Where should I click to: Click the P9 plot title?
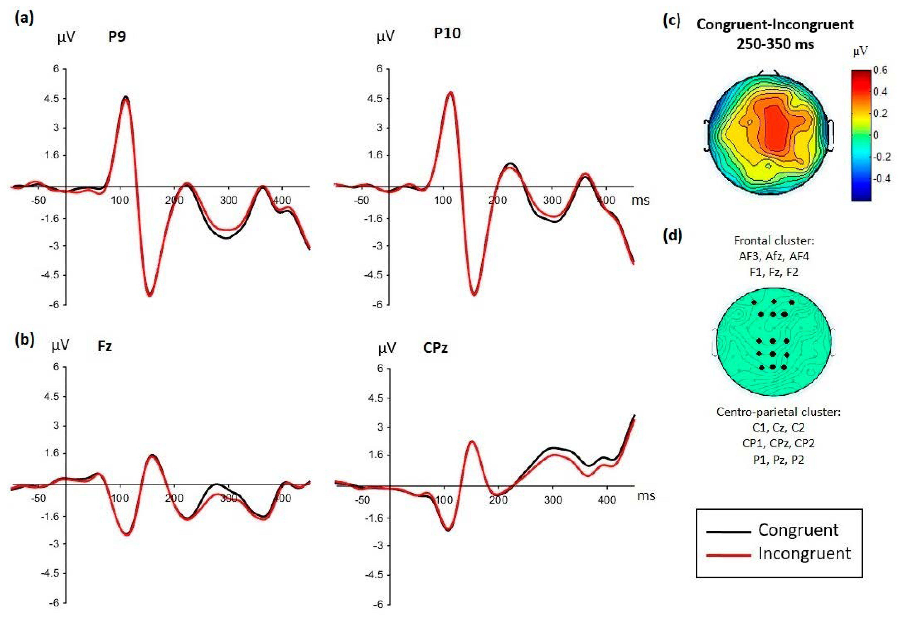117,36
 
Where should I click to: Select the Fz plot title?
105,346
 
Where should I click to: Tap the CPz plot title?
435,348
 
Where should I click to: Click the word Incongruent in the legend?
804,554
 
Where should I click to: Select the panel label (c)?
672,21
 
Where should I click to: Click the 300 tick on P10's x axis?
552,200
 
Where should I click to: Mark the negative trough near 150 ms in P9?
150,295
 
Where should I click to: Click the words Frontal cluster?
774,241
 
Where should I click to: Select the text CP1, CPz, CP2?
778,443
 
